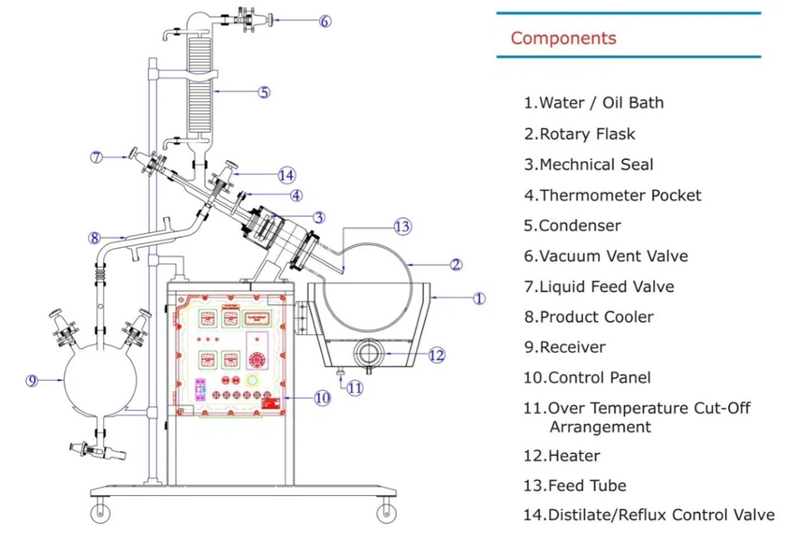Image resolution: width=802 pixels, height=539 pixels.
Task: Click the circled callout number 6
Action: pyautogui.click(x=325, y=21)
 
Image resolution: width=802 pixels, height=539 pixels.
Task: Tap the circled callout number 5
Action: pyautogui.click(x=264, y=92)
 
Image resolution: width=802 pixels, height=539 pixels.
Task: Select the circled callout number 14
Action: pyautogui.click(x=286, y=174)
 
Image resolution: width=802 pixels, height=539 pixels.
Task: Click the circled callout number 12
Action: pyautogui.click(x=436, y=355)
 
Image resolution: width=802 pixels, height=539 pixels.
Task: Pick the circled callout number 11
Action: pyautogui.click(x=355, y=386)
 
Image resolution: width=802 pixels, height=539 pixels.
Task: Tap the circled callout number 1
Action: pyautogui.click(x=478, y=299)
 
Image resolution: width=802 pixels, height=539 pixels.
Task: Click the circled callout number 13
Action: pyautogui.click(x=402, y=226)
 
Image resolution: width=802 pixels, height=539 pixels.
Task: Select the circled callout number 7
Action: pyautogui.click(x=96, y=157)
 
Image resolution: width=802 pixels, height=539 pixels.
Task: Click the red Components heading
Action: pyautogui.click(x=563, y=38)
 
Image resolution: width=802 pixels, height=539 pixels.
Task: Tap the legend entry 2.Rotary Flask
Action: pyautogui.click(x=581, y=134)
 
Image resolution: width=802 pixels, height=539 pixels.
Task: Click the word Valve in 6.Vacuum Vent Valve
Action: pyautogui.click(x=667, y=255)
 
